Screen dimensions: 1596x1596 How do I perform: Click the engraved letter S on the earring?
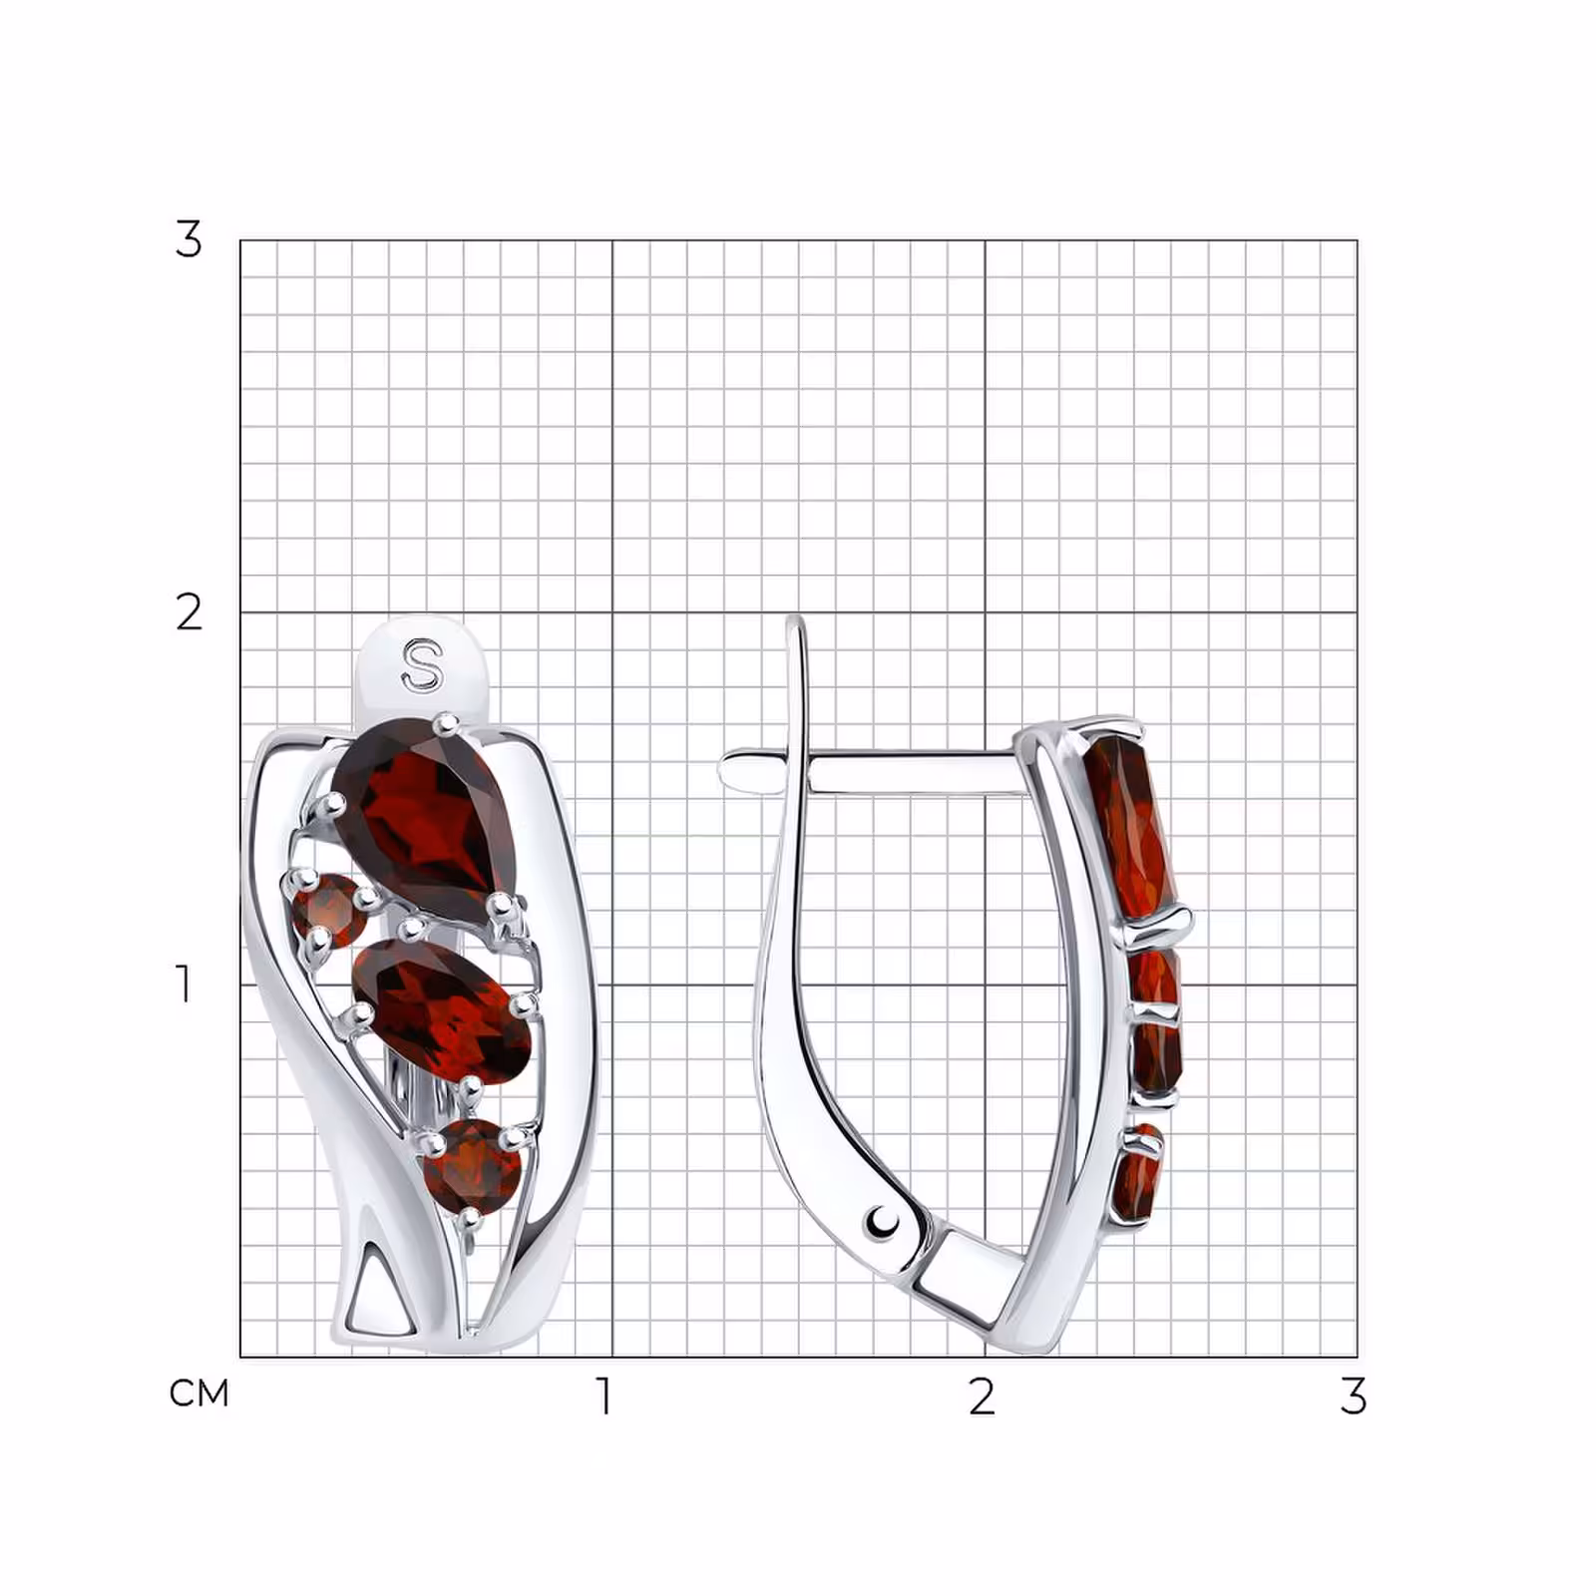point(422,665)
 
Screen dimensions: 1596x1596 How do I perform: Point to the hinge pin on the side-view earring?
point(883,1221)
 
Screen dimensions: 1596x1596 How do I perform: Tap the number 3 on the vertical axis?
point(189,239)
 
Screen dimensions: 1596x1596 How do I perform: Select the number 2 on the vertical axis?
point(189,611)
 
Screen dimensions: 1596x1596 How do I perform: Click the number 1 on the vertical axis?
point(185,984)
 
